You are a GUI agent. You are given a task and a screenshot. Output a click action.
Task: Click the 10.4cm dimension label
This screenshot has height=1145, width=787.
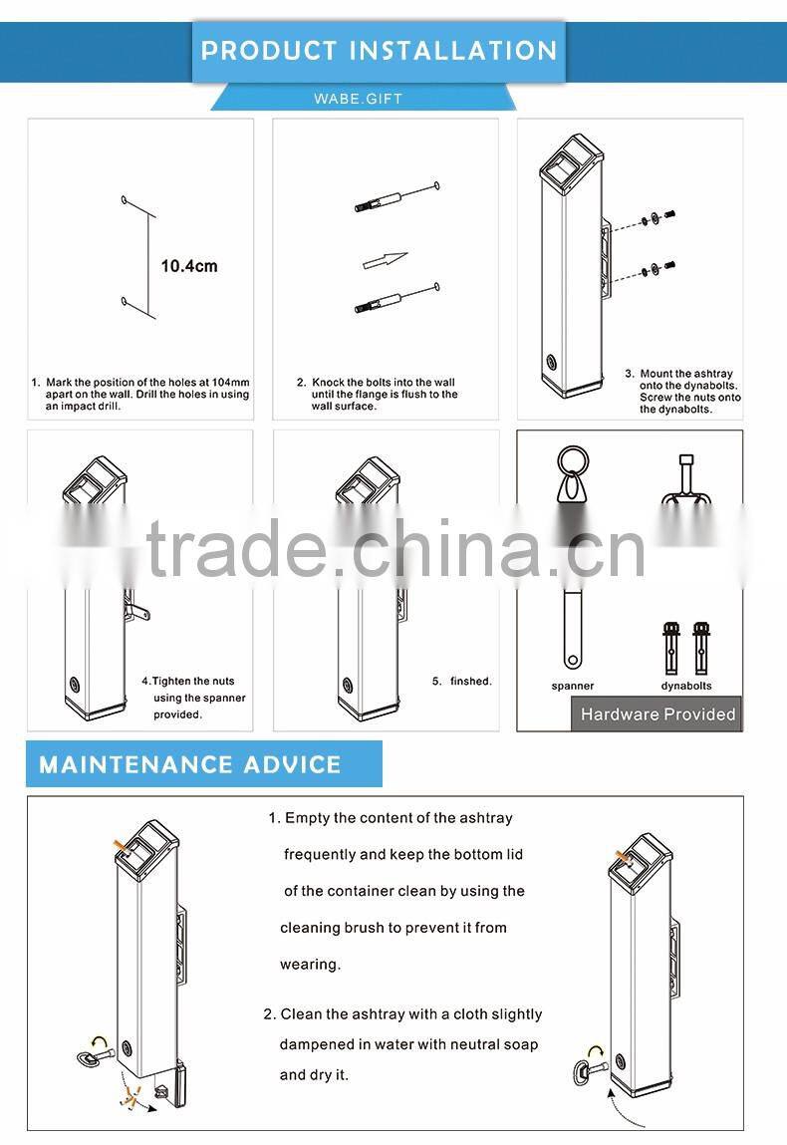tap(189, 266)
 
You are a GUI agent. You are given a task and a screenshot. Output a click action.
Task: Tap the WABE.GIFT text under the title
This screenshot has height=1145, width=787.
tap(358, 99)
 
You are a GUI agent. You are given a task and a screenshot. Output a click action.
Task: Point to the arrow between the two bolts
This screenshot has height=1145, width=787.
tap(385, 260)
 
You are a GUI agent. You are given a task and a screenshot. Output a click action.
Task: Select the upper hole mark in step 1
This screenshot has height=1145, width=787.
tap(125, 198)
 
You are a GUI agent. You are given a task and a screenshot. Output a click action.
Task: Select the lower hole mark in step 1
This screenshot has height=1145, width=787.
tap(125, 300)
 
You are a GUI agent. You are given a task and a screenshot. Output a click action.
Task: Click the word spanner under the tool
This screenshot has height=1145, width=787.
tap(573, 686)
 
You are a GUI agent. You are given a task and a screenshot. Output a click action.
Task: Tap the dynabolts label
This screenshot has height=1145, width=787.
tap(686, 686)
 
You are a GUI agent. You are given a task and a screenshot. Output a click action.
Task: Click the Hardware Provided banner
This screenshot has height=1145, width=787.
tap(657, 715)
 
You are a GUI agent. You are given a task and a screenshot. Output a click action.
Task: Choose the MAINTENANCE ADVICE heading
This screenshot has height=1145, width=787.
tap(190, 764)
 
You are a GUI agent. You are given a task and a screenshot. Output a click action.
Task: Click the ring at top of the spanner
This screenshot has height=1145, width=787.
tap(573, 462)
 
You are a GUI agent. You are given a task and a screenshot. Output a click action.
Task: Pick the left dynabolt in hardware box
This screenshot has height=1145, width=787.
tap(670, 647)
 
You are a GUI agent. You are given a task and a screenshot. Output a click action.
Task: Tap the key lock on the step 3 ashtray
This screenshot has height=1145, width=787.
tap(551, 362)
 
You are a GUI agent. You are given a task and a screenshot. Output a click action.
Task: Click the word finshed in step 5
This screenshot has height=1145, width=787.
tap(471, 682)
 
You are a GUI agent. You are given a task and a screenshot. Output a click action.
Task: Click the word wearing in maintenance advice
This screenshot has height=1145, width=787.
tap(310, 965)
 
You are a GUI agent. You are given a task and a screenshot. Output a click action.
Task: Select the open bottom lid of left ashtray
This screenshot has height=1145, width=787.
tap(176, 1086)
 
